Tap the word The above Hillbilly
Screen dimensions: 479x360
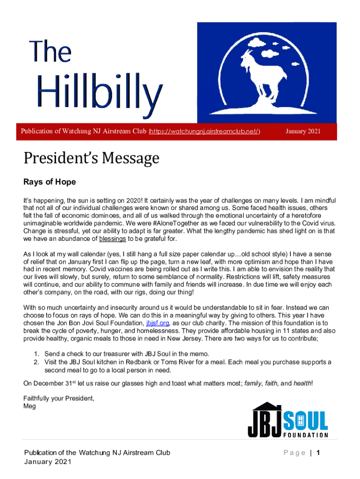point(50,52)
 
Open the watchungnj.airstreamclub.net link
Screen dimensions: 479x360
point(204,131)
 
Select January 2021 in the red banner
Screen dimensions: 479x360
point(303,131)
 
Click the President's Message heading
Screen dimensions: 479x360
point(91,159)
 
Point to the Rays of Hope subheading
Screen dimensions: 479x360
point(50,181)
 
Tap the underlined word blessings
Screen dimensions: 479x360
point(113,239)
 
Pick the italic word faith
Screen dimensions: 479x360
point(271,384)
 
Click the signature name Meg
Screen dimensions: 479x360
point(29,406)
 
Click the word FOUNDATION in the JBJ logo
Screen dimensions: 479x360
point(306,435)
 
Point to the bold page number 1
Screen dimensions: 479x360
point(318,453)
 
